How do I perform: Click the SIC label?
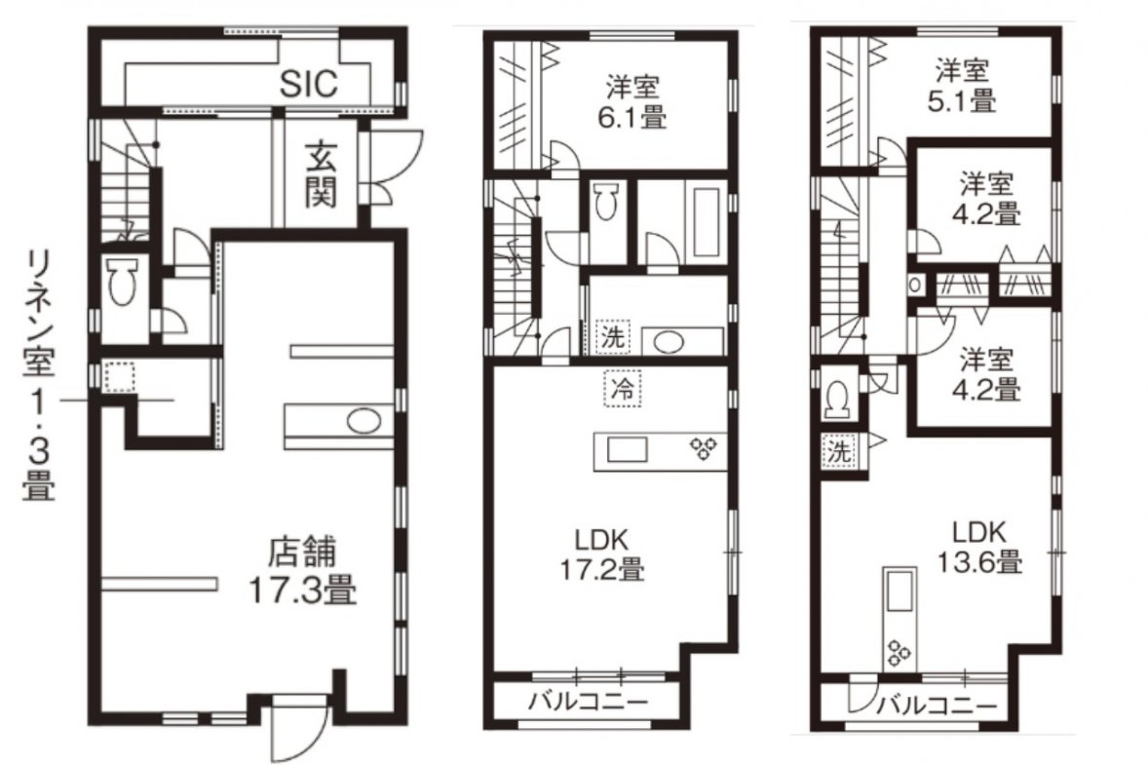(x=310, y=84)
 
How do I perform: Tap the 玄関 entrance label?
(x=321, y=175)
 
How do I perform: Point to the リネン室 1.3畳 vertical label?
(x=38, y=375)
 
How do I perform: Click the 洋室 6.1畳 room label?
(x=632, y=103)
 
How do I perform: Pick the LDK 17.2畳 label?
(x=602, y=555)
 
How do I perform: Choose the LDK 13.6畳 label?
(x=979, y=547)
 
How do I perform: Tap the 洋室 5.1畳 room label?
(x=962, y=86)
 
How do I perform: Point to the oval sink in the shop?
(x=364, y=422)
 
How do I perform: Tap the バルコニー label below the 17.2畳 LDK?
(x=589, y=702)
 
